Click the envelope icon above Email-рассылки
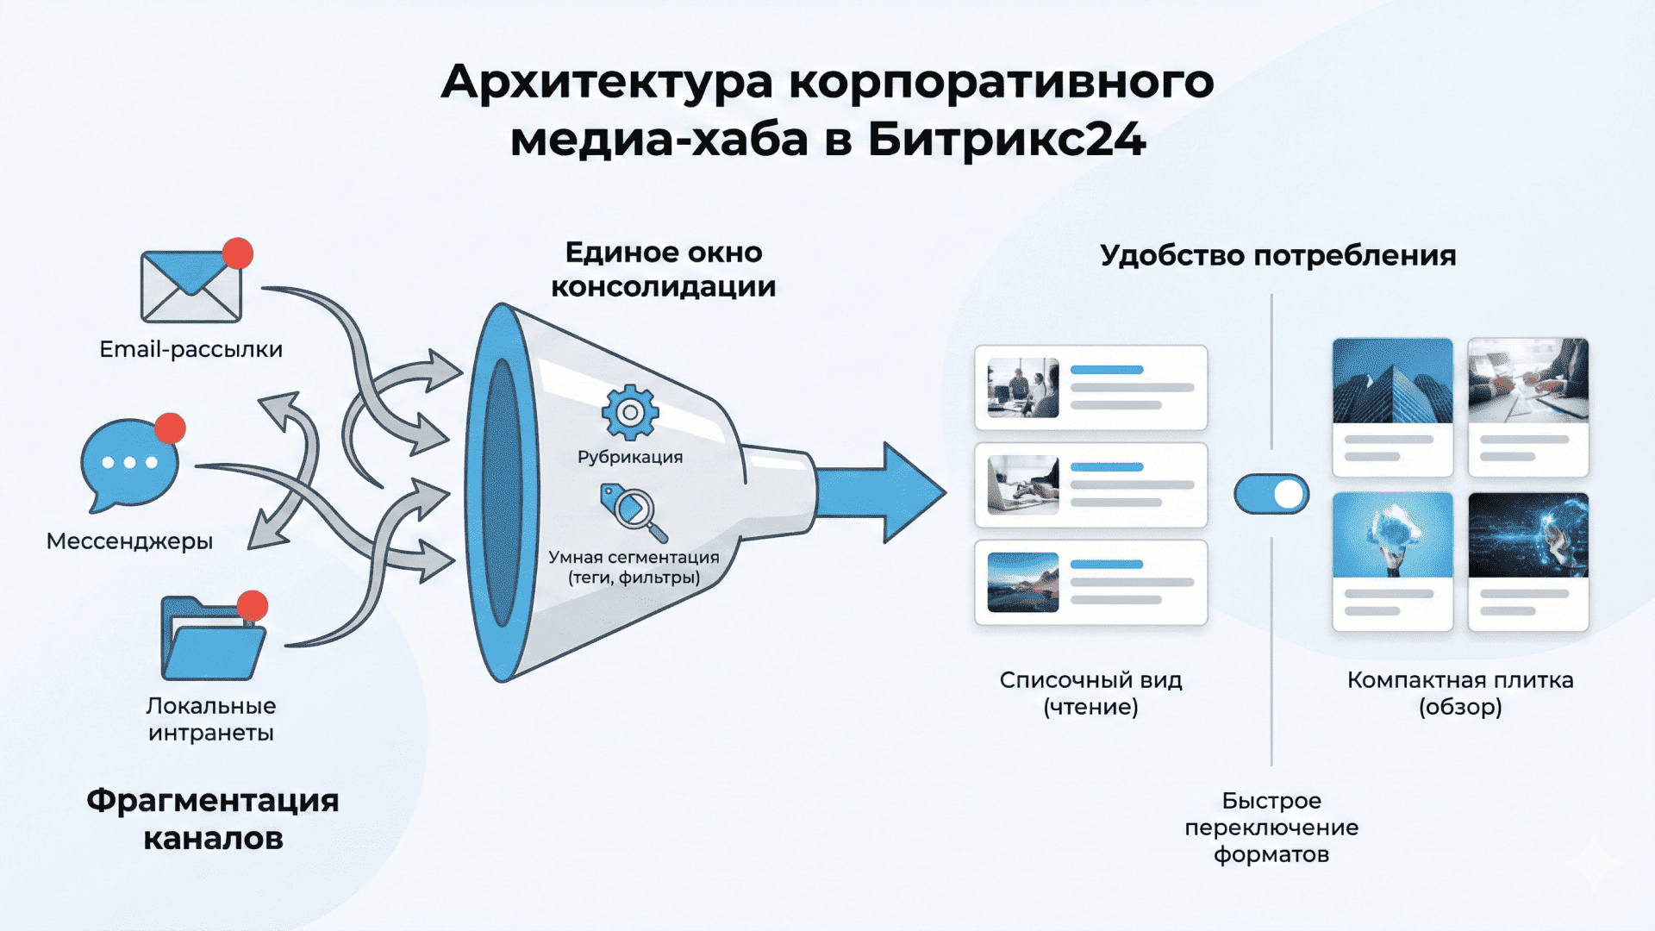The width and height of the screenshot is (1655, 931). tap(190, 287)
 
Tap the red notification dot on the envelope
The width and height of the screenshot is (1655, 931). tap(237, 253)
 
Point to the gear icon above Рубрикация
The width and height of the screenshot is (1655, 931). tap(630, 412)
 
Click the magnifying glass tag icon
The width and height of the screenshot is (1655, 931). tap(634, 511)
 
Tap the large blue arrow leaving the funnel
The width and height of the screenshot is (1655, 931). tap(879, 493)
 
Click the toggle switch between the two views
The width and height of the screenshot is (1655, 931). tap(1271, 495)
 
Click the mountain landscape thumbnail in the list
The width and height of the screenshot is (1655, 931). tap(1023, 583)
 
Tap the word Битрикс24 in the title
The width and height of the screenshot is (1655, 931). tap(1006, 140)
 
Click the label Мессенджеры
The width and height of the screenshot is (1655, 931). tap(129, 541)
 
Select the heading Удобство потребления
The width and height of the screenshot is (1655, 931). tap(1277, 256)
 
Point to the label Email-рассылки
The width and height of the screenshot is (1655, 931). tap(190, 349)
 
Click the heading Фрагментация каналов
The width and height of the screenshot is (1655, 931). tap(213, 819)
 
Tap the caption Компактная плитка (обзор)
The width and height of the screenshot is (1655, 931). tap(1460, 693)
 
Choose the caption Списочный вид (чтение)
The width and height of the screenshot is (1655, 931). tap(1090, 693)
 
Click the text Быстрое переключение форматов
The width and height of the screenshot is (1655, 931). tap(1271, 828)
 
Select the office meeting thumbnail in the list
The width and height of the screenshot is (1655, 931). tap(1023, 388)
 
